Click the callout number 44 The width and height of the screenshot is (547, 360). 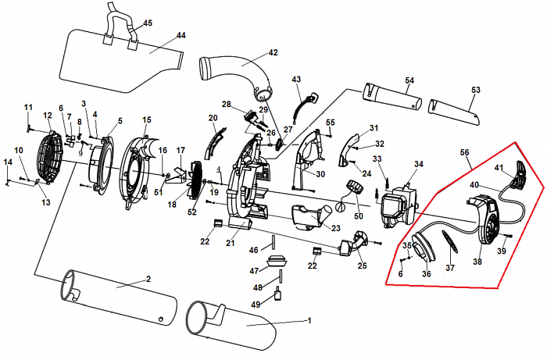tap(181, 35)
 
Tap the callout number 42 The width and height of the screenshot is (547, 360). tap(273, 53)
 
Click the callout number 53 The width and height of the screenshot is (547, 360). tap(475, 91)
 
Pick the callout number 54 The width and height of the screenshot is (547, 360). tap(409, 80)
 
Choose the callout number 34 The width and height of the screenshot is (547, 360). tap(419, 165)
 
